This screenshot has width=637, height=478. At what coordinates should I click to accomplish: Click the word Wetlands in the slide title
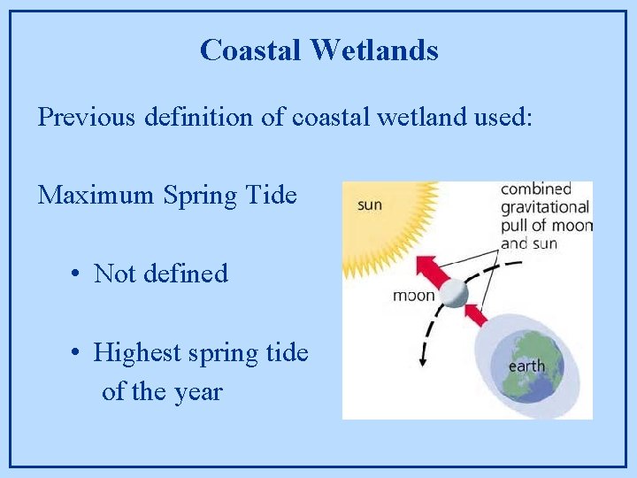click(373, 50)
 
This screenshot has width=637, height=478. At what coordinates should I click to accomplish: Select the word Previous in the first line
click(87, 117)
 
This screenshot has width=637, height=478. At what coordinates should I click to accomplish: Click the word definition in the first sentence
click(199, 117)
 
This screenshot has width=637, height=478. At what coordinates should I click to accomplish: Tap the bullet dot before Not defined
click(78, 274)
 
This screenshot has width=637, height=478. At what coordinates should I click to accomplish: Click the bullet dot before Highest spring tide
click(78, 353)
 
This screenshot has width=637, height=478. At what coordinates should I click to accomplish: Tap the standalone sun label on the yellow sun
click(370, 205)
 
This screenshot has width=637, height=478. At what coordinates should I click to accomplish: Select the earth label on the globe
click(526, 366)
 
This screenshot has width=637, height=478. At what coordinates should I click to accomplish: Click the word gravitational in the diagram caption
click(544, 207)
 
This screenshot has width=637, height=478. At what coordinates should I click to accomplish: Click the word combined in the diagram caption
click(536, 189)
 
